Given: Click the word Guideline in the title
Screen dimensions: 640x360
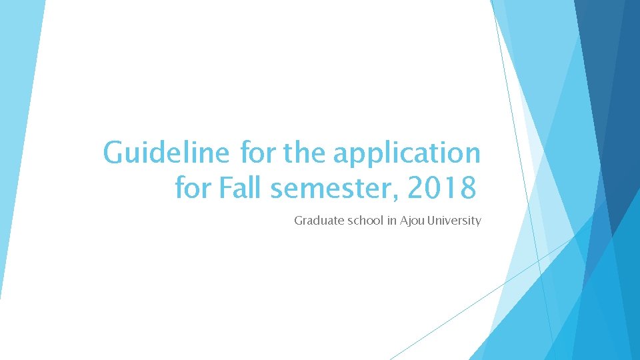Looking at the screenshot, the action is [166, 152].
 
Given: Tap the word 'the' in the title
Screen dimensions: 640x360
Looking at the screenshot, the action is [304, 151].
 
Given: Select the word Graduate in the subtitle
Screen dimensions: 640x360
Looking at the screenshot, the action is [319, 221].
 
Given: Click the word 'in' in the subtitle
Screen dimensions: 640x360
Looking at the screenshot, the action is [392, 221].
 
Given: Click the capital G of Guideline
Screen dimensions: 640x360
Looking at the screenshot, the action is [113, 152].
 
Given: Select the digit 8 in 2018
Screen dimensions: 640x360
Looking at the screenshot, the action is [468, 187].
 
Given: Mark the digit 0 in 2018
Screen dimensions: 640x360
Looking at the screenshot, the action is [433, 187].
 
